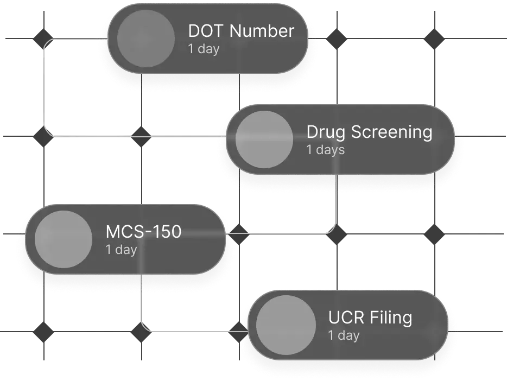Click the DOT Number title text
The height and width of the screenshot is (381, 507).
[241, 31]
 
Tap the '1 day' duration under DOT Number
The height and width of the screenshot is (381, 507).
[204, 49]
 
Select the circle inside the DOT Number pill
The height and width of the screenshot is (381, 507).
[146, 39]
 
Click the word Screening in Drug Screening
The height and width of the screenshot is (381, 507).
[391, 132]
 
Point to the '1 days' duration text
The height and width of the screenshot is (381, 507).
[326, 150]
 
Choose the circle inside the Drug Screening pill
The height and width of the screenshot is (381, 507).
[264, 139]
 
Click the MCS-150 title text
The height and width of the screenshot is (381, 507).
[143, 232]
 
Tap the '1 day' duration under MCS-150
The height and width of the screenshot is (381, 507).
[121, 250]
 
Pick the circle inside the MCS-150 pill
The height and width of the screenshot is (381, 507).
[64, 239]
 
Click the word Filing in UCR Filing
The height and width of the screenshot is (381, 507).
[391, 317]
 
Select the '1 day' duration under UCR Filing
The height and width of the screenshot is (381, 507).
[344, 335]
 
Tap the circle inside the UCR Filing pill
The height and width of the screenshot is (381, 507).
[286, 325]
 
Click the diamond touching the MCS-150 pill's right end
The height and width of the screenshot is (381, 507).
[238, 234]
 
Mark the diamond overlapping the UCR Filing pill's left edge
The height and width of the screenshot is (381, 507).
[238, 332]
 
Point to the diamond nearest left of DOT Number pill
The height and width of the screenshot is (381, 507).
[43, 39]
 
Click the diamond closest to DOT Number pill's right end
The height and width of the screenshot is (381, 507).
[337, 39]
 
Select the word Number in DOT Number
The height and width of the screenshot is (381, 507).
[262, 31]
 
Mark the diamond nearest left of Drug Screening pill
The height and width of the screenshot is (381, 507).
[141, 136]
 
